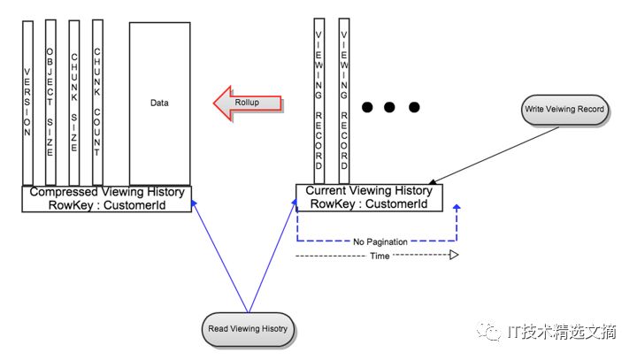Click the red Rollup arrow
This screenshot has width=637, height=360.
(248, 103)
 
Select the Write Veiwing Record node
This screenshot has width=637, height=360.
(564, 109)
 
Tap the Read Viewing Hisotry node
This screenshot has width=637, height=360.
(248, 328)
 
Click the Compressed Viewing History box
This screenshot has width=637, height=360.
(107, 198)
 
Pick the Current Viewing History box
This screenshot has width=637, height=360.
(368, 197)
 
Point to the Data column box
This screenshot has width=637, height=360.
(159, 103)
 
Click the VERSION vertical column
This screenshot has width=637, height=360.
(28, 102)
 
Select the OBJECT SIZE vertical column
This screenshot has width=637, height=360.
(50, 102)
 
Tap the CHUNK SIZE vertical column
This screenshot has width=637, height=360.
(74, 102)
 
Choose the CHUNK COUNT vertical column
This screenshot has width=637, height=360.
(97, 102)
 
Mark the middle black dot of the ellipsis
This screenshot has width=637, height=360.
(390, 108)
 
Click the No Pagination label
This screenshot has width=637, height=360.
(377, 240)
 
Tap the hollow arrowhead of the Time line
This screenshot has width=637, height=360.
(453, 255)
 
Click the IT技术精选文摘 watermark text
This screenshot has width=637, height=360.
(561, 332)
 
